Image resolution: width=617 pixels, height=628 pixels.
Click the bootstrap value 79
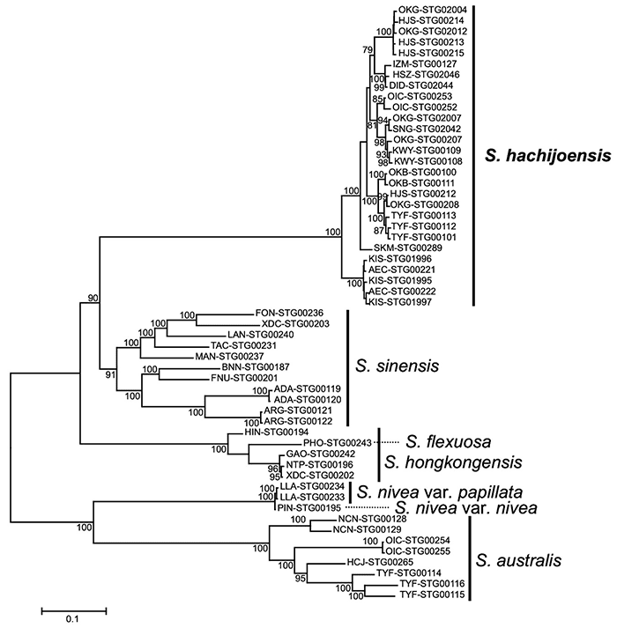pos(368,49)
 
